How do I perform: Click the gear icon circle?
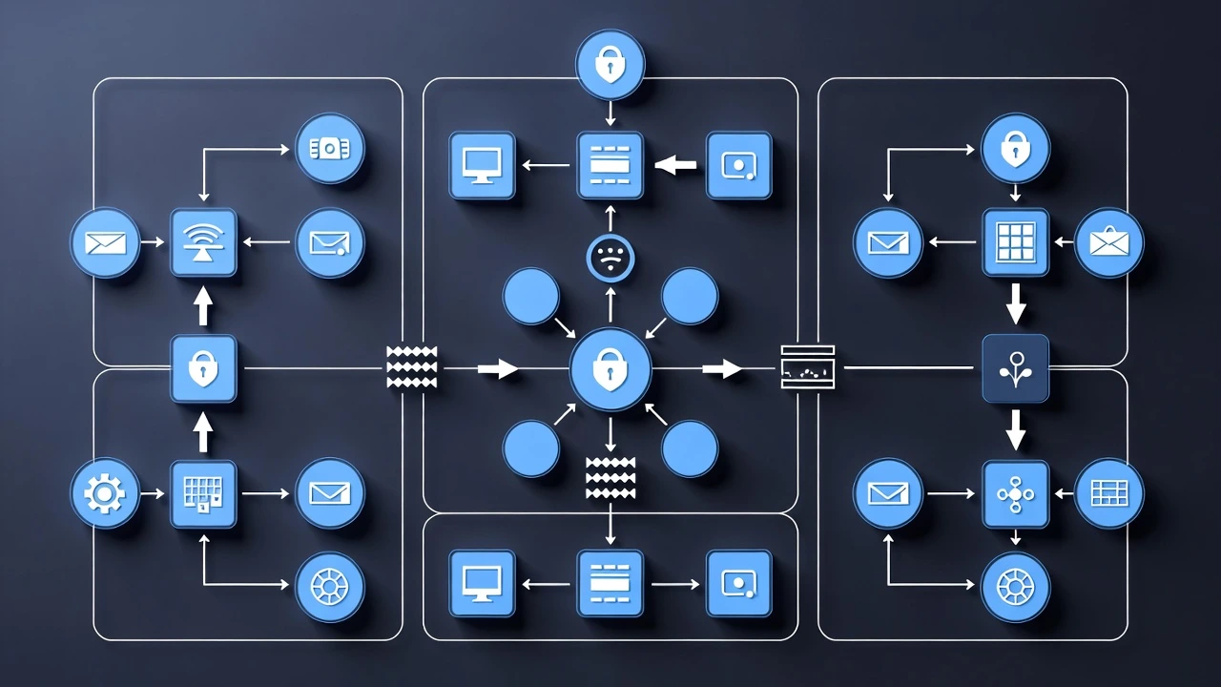(104, 493)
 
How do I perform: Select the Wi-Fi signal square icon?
(203, 242)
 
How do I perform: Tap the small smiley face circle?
(610, 258)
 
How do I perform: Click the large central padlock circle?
(610, 369)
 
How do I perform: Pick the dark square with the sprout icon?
(1015, 368)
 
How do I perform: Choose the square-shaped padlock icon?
(203, 368)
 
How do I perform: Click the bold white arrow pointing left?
(676, 165)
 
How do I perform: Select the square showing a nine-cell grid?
(1015, 242)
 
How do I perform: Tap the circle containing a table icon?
(1108, 493)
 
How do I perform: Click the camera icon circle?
(329, 149)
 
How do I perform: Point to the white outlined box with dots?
(807, 367)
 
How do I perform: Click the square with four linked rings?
(1015, 493)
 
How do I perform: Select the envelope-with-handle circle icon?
(1108, 242)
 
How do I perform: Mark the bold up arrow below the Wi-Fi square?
(203, 307)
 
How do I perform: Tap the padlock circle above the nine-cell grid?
(1015, 149)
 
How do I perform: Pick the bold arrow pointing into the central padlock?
(498, 368)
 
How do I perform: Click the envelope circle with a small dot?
(329, 242)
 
